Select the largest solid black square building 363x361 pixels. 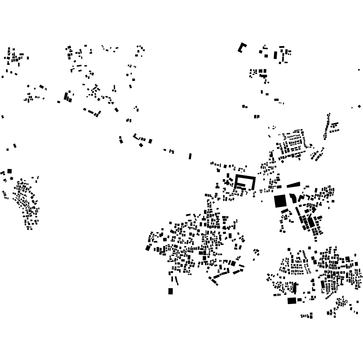(x=280, y=201)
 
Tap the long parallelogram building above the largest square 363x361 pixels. (x=294, y=185)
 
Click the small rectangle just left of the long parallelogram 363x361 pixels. (x=279, y=187)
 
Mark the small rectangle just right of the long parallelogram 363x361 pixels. (x=307, y=186)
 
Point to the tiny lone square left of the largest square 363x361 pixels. (x=262, y=201)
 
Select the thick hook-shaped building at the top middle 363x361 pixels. (x=242, y=48)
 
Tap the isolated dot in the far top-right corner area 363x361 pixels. (x=359, y=70)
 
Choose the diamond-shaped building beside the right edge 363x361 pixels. (x=359, y=106)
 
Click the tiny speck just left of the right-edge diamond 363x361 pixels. (x=352, y=107)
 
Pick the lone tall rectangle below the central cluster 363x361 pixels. (x=171, y=291)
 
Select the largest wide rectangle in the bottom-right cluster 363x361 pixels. (x=292, y=300)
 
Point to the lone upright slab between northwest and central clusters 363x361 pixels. (x=190, y=156)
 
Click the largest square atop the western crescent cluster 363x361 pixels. (x=9, y=171)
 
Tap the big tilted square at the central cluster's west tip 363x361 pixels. (x=148, y=248)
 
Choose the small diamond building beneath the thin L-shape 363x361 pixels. (x=141, y=145)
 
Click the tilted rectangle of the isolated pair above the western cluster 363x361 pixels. (x=15, y=146)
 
